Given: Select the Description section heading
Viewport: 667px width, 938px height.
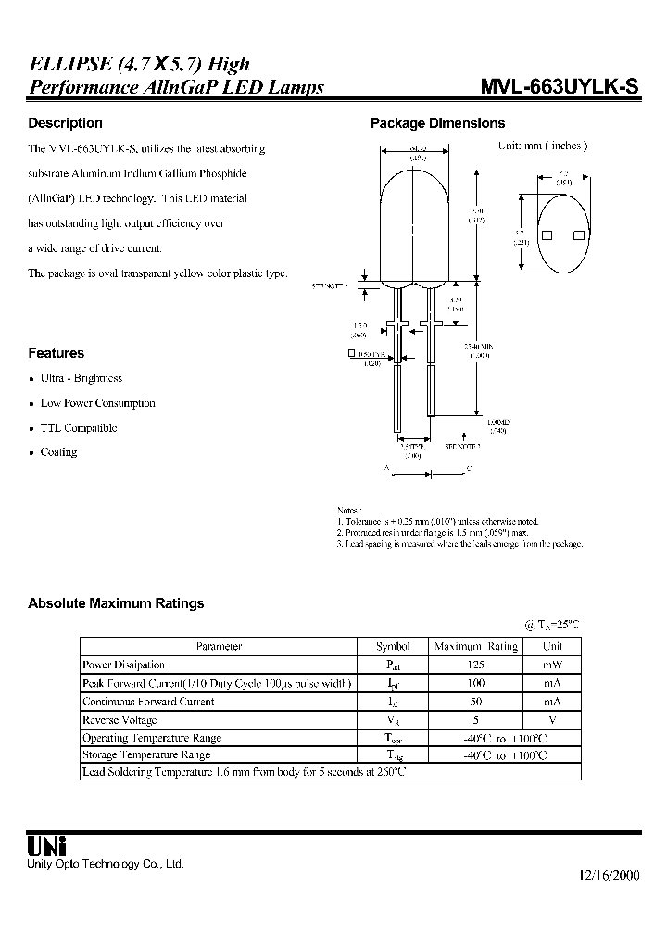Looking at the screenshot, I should pos(65,123).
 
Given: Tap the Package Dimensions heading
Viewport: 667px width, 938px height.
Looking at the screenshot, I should pos(437,123).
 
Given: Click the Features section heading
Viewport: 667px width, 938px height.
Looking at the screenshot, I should pos(56,353).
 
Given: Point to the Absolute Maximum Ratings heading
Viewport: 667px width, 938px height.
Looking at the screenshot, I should pos(116,603).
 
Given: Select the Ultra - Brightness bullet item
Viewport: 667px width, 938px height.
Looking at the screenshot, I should pos(81,378).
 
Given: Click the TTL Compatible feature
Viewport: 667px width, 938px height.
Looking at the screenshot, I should pos(78,428).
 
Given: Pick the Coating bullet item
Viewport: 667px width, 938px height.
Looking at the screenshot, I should pos(58,452).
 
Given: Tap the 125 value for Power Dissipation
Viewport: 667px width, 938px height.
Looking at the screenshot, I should pos(476,665).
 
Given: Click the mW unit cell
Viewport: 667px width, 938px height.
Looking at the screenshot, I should pos(552,665).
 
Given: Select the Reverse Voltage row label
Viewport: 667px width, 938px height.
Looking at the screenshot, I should pos(120,720).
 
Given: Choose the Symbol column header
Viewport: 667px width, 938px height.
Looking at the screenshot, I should pos(392,646).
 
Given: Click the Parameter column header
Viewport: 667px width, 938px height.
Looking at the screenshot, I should pos(219,646).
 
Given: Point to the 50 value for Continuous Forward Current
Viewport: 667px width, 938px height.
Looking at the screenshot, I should pos(476,702).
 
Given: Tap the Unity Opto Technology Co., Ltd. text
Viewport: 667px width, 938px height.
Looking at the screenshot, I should pos(106,864).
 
